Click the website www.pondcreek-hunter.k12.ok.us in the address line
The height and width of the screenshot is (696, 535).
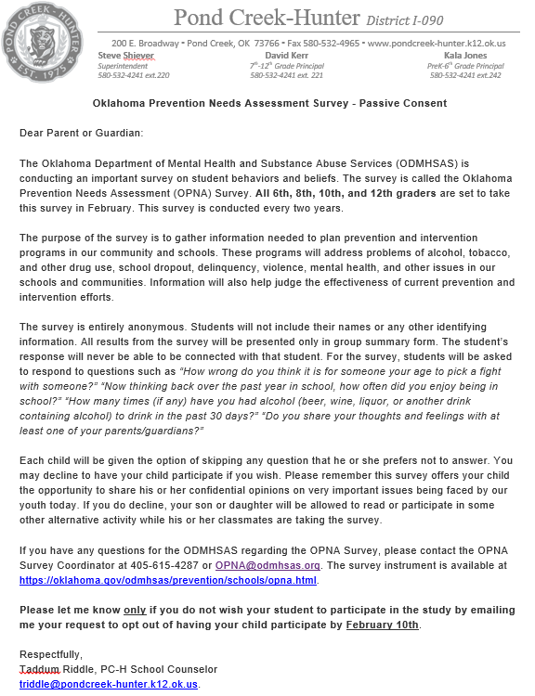point(437,44)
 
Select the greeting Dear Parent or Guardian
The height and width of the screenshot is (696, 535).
point(82,133)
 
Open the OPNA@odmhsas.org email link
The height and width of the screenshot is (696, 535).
point(267,565)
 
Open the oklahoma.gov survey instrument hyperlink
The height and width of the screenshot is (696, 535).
point(168,580)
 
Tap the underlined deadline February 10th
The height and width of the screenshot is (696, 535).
point(383,625)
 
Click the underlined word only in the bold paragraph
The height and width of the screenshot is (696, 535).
point(136,610)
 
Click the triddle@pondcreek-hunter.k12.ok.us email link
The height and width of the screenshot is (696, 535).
point(109,684)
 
